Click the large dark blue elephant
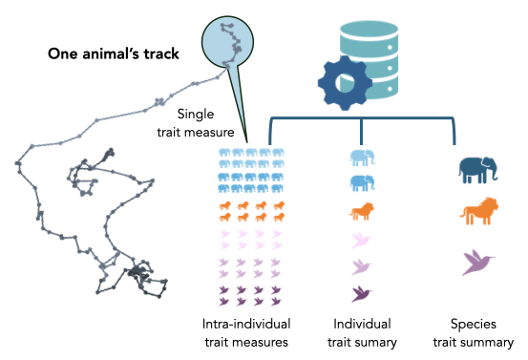click(477, 170)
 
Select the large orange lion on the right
click(479, 211)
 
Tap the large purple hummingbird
click(477, 261)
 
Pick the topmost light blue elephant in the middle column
click(362, 158)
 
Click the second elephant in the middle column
click(362, 182)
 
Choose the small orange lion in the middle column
click(362, 211)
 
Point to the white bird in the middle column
click(362, 239)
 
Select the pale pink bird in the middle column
click(362, 266)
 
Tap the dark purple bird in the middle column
click(362, 293)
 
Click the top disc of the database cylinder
click(369, 29)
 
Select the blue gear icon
click(344, 83)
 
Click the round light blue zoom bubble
click(227, 42)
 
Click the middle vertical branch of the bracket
click(361, 132)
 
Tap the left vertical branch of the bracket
click(271, 132)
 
